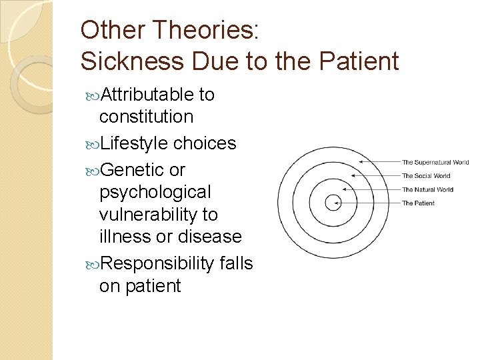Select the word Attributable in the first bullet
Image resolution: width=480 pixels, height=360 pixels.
tap(146, 95)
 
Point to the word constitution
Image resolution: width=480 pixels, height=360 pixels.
tap(146, 117)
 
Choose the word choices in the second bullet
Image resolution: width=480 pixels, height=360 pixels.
tap(205, 143)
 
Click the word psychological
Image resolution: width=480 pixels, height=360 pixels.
tap(155, 192)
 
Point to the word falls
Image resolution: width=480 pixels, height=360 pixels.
tap(236, 263)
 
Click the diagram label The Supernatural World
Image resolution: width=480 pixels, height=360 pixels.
tap(435, 162)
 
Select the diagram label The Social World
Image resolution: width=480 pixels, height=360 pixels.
tap(426, 176)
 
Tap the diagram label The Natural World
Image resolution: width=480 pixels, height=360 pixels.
tap(427, 190)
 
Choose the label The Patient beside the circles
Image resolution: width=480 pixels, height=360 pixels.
tap(418, 203)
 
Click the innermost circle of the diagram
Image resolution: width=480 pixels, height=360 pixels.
tap(331, 203)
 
